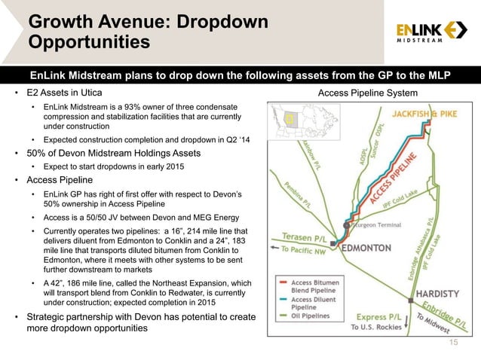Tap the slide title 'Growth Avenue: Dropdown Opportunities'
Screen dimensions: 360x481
coord(147,32)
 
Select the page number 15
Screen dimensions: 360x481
coord(453,343)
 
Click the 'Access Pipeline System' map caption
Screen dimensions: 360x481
coord(367,93)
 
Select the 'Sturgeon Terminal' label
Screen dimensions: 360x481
coord(379,224)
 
